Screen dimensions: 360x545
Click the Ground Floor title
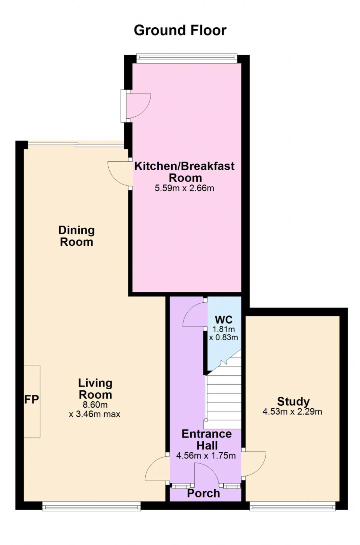pos(180,30)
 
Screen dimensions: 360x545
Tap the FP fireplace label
pos(31,399)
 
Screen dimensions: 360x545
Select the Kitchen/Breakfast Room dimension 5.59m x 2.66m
pos(184,188)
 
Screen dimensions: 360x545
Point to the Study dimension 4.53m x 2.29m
pos(292,412)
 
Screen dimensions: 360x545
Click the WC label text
pos(224,320)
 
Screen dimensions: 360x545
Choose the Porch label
pos(203,493)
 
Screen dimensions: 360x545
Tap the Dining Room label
pos(76,236)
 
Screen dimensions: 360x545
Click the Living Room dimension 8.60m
pos(95,405)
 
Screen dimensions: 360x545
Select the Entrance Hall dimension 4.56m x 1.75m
pos(206,456)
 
